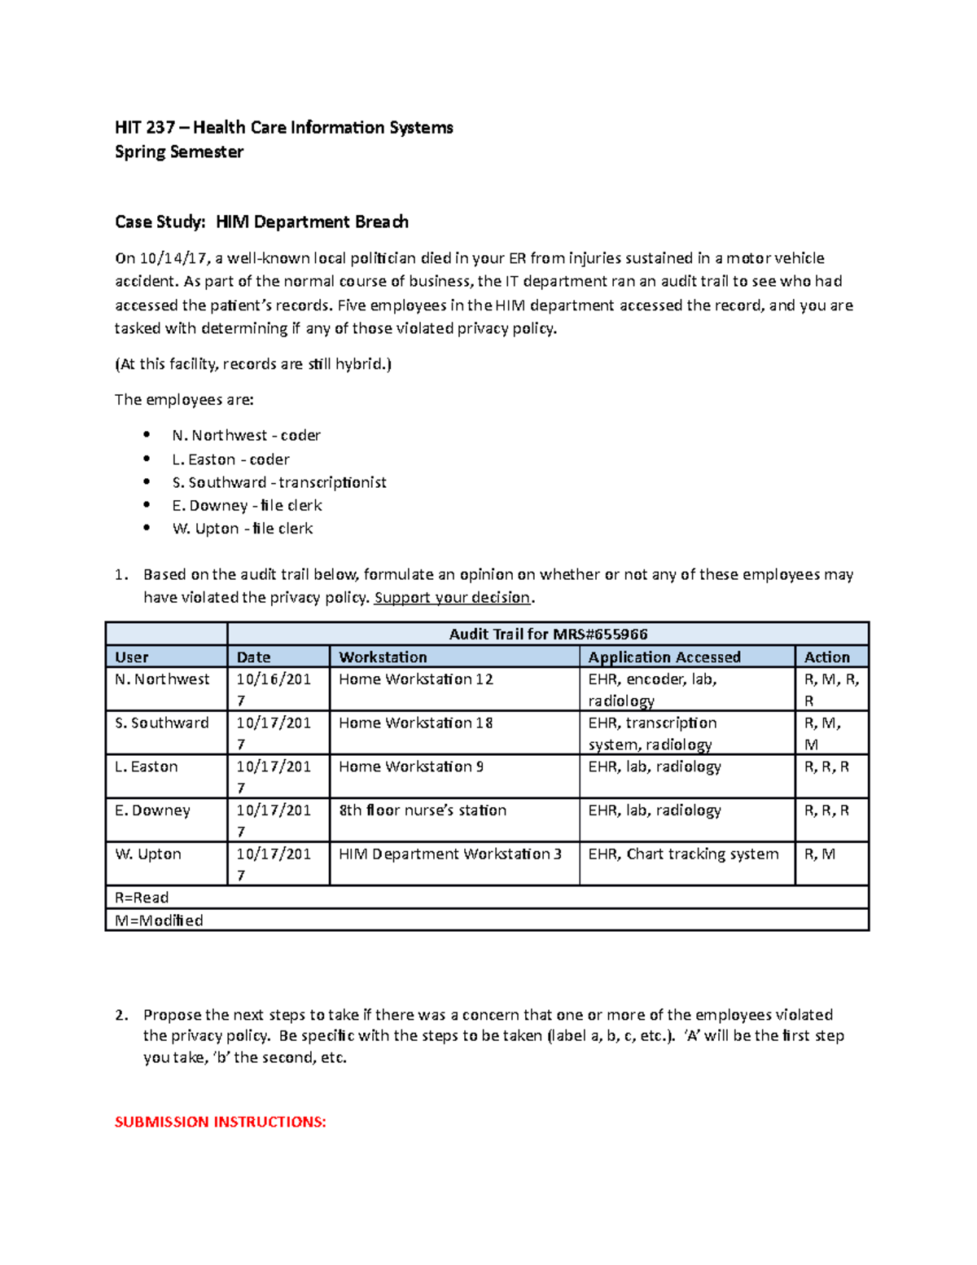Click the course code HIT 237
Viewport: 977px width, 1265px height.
[x=145, y=127]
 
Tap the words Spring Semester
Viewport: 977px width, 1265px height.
[x=179, y=152]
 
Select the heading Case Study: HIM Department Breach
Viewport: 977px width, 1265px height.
[x=261, y=222]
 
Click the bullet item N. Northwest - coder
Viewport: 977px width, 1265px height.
[x=246, y=435]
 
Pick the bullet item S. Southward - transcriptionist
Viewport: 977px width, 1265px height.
[x=279, y=482]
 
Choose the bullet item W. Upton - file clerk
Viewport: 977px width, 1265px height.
[x=243, y=528]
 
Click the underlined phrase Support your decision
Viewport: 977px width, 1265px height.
[x=452, y=597]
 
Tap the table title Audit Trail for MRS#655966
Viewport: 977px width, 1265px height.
[x=548, y=634]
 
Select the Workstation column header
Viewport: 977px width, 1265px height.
[x=383, y=657]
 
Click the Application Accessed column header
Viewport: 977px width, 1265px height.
[x=664, y=657]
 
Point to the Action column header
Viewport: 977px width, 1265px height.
[x=826, y=657]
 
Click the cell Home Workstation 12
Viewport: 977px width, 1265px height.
[x=416, y=679]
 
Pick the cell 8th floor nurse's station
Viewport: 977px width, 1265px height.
[x=423, y=810]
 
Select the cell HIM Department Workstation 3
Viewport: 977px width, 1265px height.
[x=450, y=854]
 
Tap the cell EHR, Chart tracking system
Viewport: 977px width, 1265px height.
[x=683, y=854]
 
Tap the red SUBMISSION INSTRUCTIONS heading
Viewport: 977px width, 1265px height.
[x=220, y=1122]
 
